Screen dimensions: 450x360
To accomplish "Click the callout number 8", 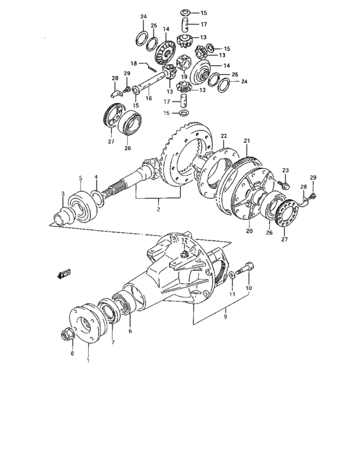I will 71,353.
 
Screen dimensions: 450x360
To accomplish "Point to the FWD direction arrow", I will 63,274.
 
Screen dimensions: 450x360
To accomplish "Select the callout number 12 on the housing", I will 185,240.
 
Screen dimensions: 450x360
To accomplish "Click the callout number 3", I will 63,194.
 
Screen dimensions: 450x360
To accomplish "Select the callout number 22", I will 224,136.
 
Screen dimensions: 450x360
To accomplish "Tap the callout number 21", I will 246,141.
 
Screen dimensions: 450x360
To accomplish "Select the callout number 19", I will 184,76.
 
